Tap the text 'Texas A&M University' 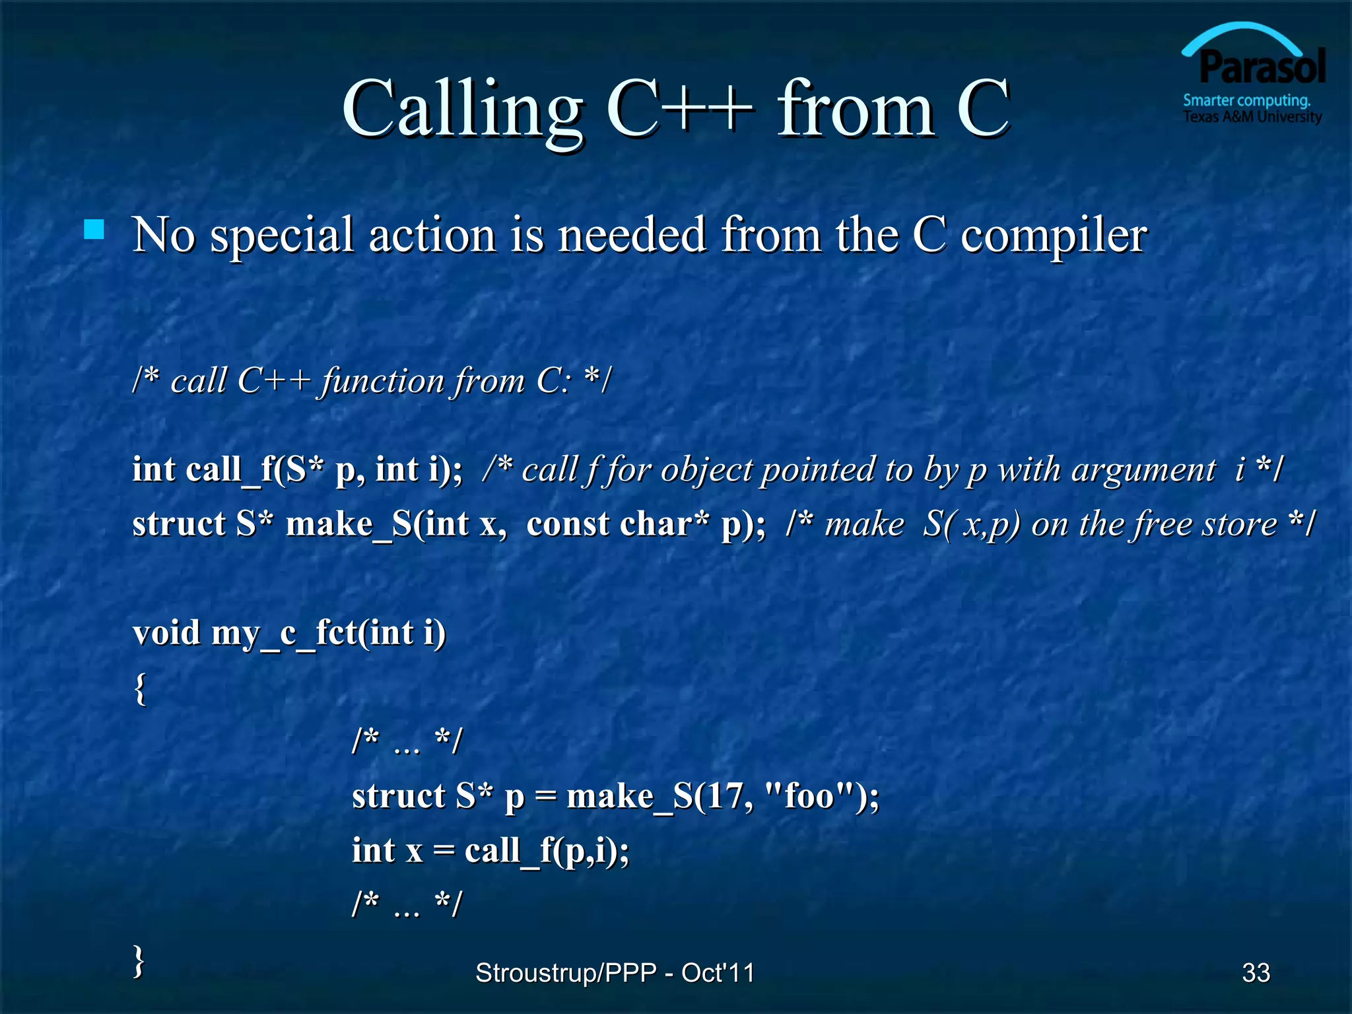coord(1252,118)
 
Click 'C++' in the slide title coord(680,109)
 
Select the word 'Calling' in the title coord(462,109)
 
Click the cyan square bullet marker coord(94,230)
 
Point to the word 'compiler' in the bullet coord(1054,236)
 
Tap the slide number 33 coord(1256,972)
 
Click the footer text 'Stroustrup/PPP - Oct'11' coord(615,972)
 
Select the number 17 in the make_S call coord(724,795)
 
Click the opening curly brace coord(140,689)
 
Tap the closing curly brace coord(139,961)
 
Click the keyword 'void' coord(166,632)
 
